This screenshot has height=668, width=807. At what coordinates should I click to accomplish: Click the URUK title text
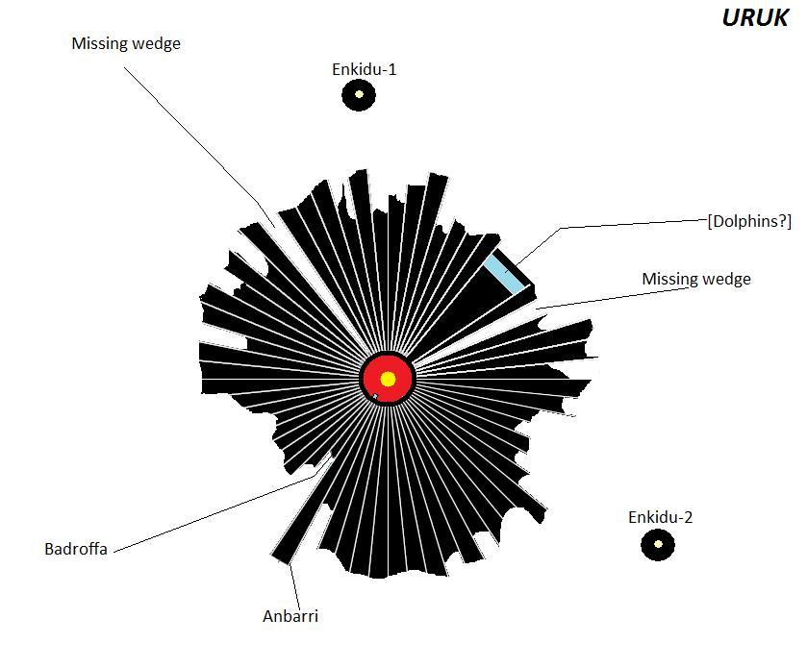(754, 17)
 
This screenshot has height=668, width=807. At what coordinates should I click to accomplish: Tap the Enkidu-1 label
(364, 69)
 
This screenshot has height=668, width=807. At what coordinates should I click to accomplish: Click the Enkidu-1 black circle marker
(359, 94)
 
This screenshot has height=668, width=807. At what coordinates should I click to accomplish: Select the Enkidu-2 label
(661, 517)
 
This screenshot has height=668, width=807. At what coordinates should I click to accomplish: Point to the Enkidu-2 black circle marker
(658, 545)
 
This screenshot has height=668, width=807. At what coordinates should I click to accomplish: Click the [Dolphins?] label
(749, 221)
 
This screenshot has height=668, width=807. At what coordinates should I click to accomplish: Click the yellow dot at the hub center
(388, 380)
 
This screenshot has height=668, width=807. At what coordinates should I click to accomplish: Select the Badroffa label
(76, 549)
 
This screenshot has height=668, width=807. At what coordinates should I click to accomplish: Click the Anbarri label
(290, 616)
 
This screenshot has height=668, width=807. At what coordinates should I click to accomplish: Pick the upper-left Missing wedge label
(126, 43)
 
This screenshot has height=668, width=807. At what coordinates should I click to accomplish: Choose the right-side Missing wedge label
(696, 280)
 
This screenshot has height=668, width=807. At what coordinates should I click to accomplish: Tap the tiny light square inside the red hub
(375, 396)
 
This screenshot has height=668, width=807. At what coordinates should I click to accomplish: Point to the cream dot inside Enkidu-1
(359, 94)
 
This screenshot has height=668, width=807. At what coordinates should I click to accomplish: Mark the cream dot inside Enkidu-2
(658, 544)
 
